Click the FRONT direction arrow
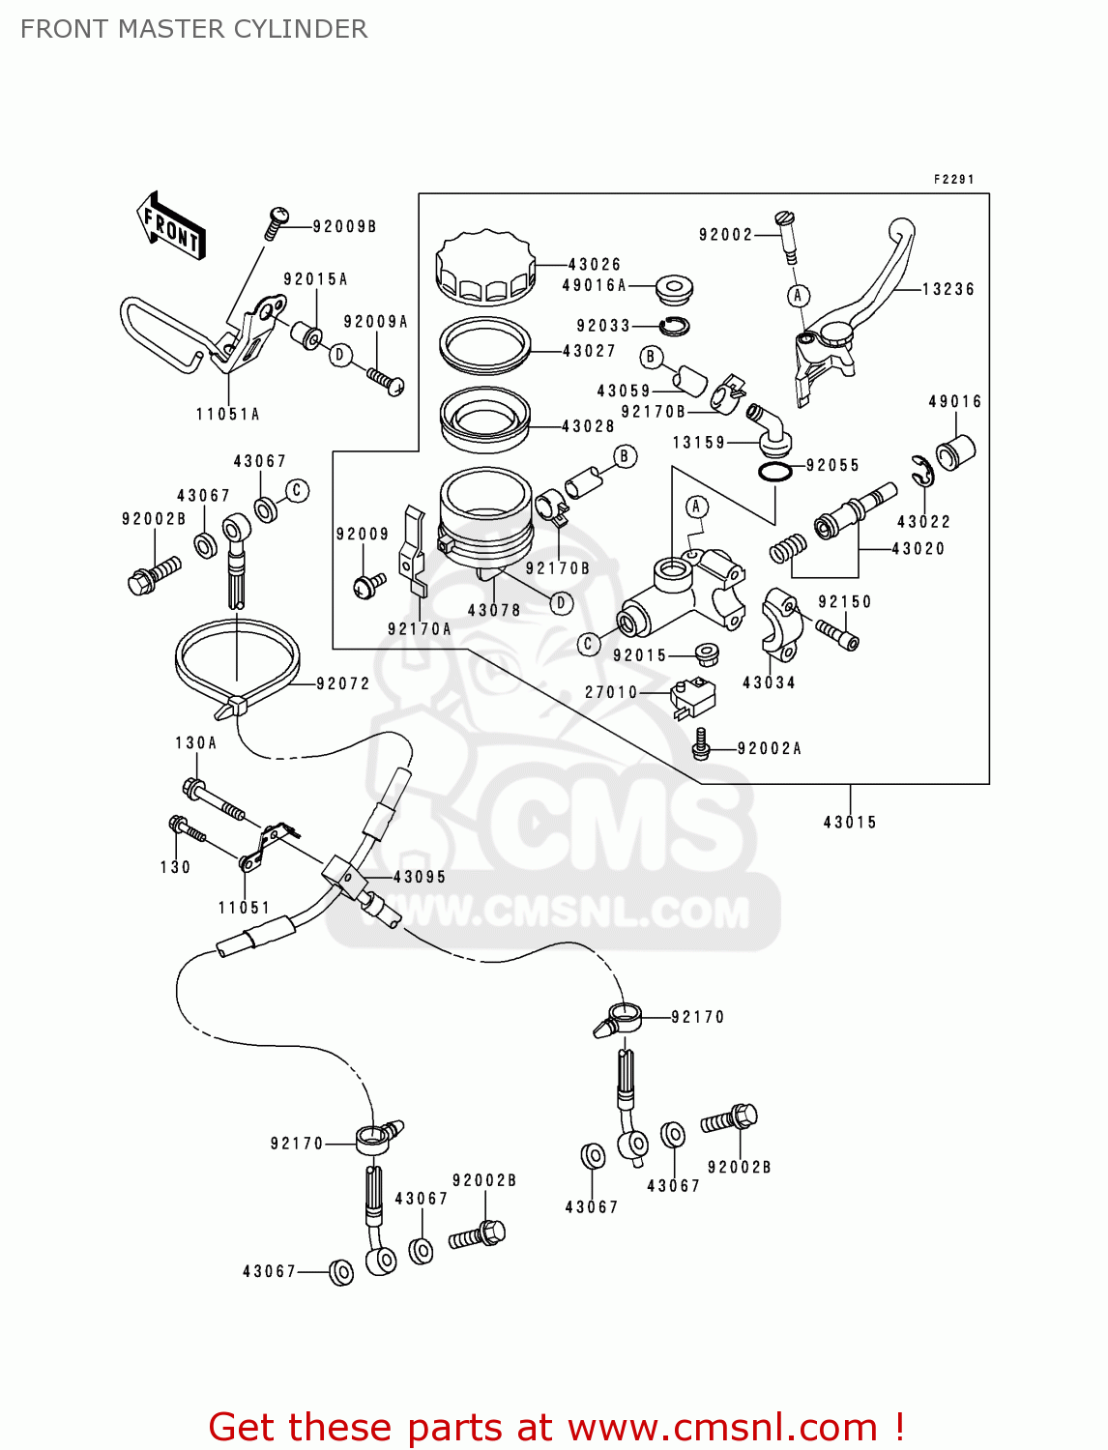pos(171,226)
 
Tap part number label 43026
pos(594,264)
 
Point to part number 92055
pos(832,465)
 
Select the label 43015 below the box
pos(850,823)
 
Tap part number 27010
pos(611,692)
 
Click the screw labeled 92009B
pos(277,222)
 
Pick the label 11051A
pos(227,414)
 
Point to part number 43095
pos(420,877)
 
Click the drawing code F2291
pos(953,180)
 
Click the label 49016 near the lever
pos(954,401)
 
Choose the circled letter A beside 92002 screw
pos(798,296)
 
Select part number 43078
pos(494,610)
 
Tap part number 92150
pos(844,601)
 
